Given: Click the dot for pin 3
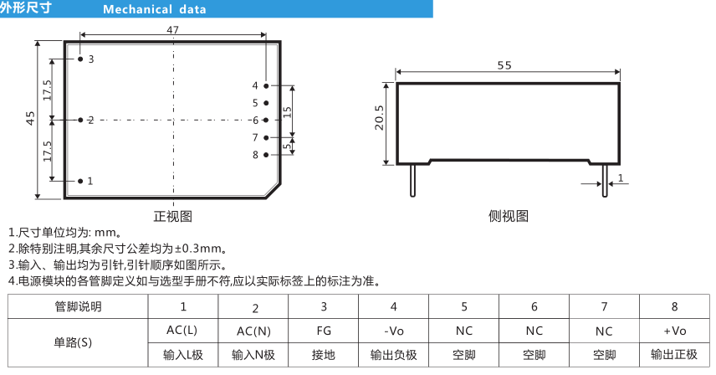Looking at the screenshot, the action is (80, 59).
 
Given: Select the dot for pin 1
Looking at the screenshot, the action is (80, 182).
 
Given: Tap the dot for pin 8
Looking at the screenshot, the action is (266, 155).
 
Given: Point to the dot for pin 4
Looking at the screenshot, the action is (266, 86).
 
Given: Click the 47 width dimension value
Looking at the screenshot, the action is (172, 29).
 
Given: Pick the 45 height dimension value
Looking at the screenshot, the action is (30, 118).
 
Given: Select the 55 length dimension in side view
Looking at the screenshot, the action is (504, 65).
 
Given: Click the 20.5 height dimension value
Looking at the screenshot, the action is (379, 118).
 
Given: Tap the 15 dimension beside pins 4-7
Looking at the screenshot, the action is (287, 112).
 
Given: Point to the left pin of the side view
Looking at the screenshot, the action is (413, 181).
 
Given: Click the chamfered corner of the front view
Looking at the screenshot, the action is (274, 191).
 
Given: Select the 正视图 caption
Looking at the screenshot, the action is (173, 216).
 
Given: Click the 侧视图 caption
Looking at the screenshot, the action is (509, 216).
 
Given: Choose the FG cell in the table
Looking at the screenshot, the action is (324, 331).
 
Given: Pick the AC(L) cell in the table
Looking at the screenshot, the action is (182, 331).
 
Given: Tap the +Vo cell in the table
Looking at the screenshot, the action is (674, 331).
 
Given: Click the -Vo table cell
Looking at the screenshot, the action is (394, 331).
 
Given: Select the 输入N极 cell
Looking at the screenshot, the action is (253, 355).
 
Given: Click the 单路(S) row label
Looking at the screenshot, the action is (73, 342).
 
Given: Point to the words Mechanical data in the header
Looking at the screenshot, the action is (155, 9).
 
